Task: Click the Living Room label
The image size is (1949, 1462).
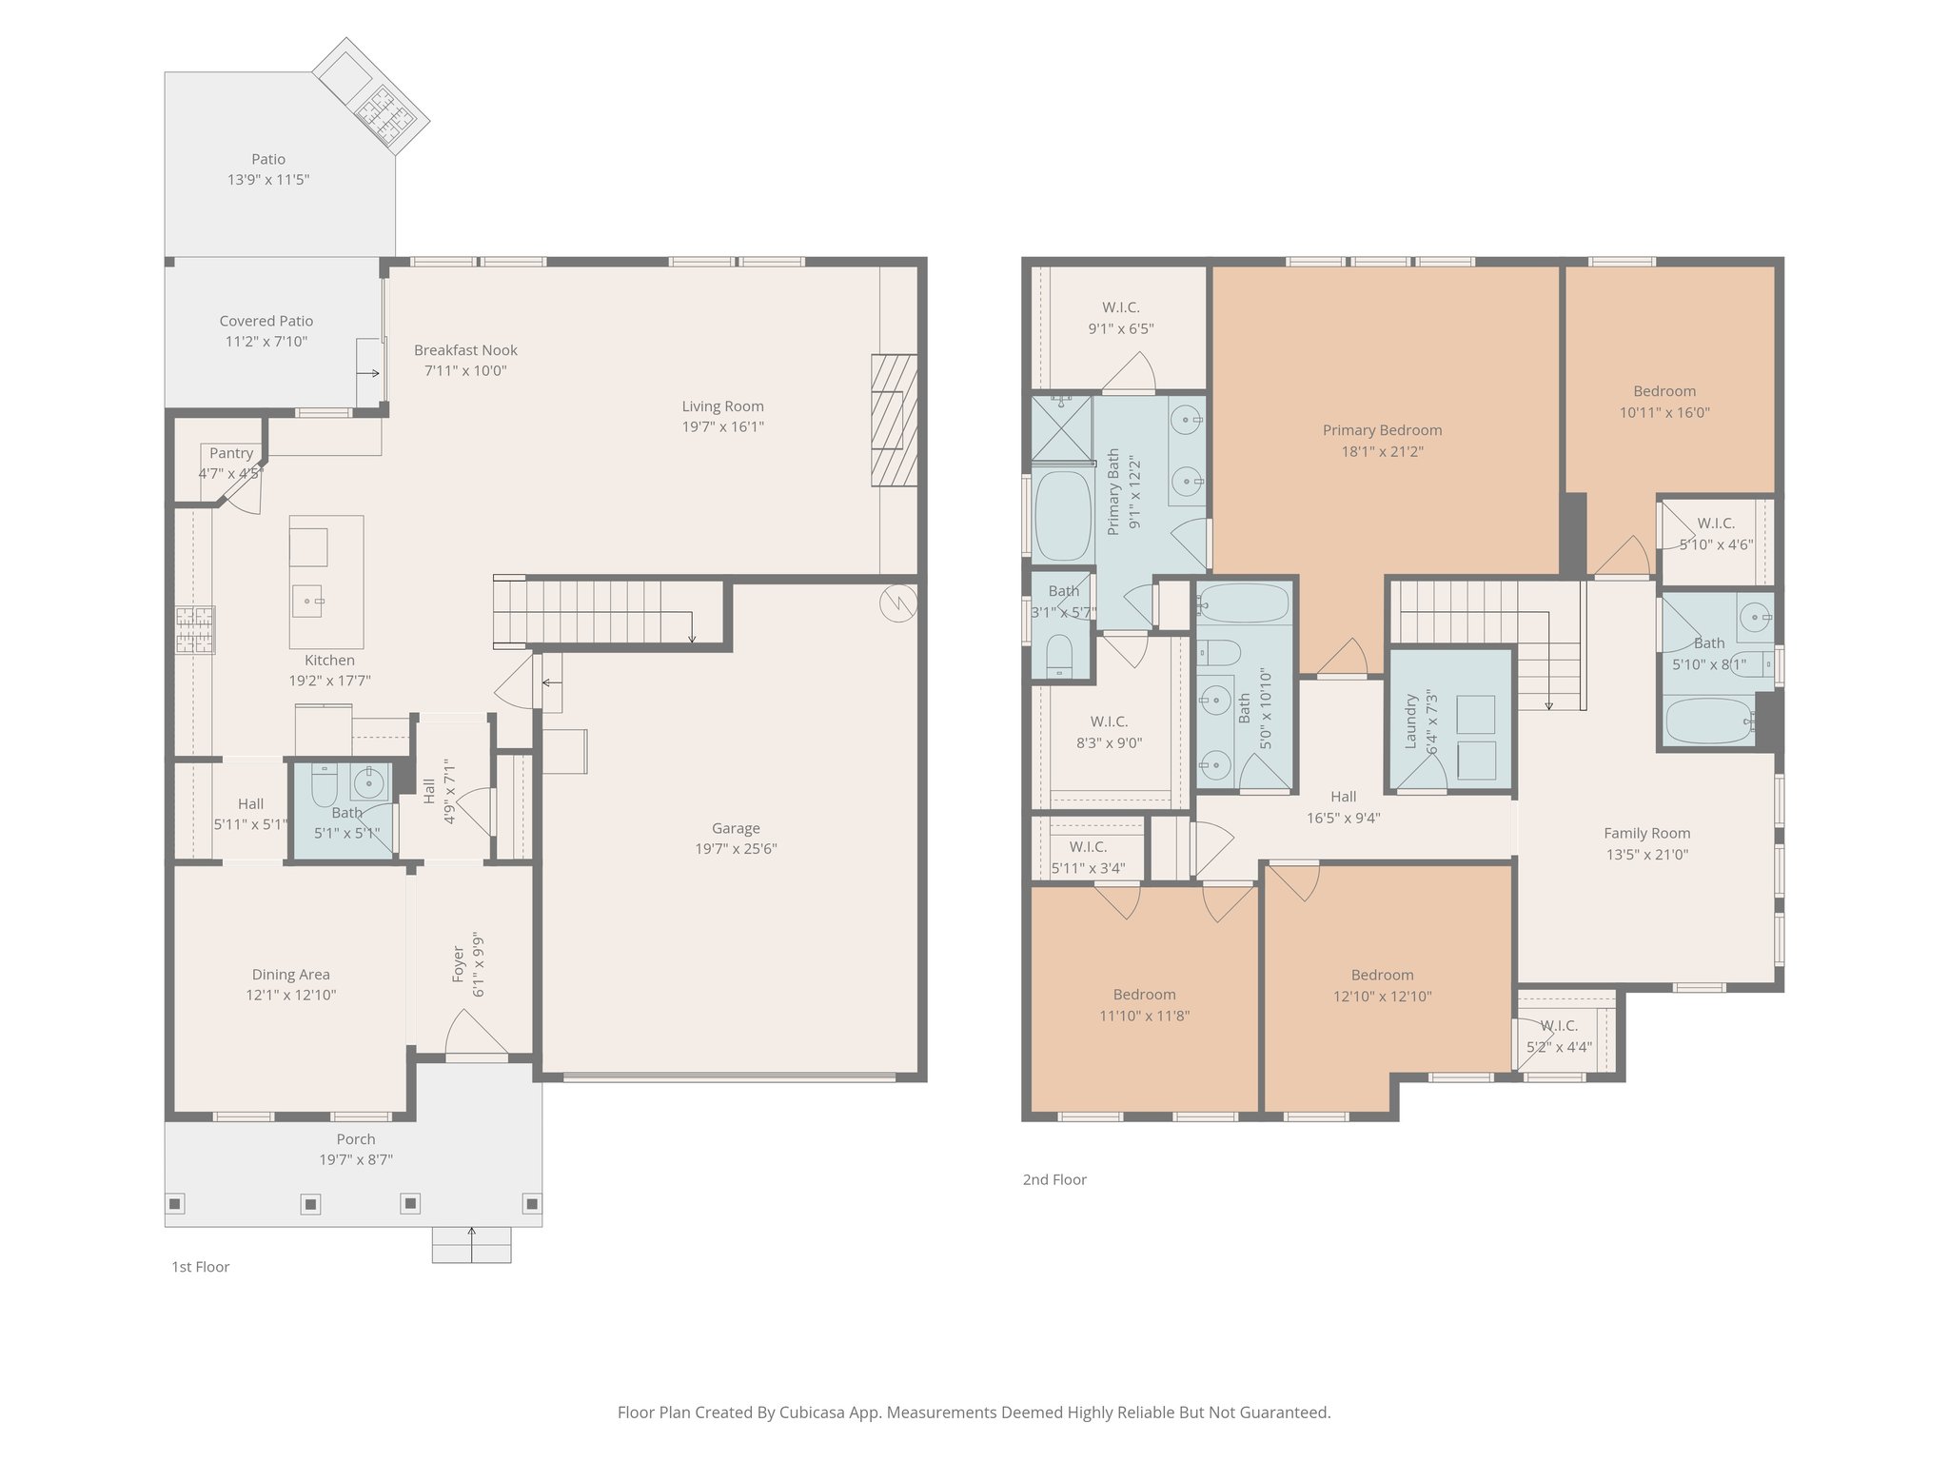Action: pos(722,406)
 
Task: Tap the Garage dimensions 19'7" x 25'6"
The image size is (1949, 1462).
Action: pos(736,849)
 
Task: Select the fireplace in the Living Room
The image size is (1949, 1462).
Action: pos(894,420)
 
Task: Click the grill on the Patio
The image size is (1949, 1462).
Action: pos(386,113)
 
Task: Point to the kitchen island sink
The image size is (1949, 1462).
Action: pos(307,601)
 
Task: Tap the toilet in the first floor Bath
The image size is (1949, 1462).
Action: pos(324,785)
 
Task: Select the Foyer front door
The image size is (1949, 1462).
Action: pos(476,1037)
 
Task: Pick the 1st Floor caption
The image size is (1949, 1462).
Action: pos(200,1267)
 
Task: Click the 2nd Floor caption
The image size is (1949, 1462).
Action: pos(1054,1180)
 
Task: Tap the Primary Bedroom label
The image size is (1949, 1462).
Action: pos(1382,430)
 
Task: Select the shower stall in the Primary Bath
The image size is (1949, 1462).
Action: pos(1062,427)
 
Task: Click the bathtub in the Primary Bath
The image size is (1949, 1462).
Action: pos(1062,515)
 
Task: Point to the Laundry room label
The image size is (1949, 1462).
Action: pos(1411,721)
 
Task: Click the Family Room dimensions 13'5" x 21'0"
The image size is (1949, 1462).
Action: pos(1646,855)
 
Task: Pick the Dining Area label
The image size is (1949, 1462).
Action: pos(290,975)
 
